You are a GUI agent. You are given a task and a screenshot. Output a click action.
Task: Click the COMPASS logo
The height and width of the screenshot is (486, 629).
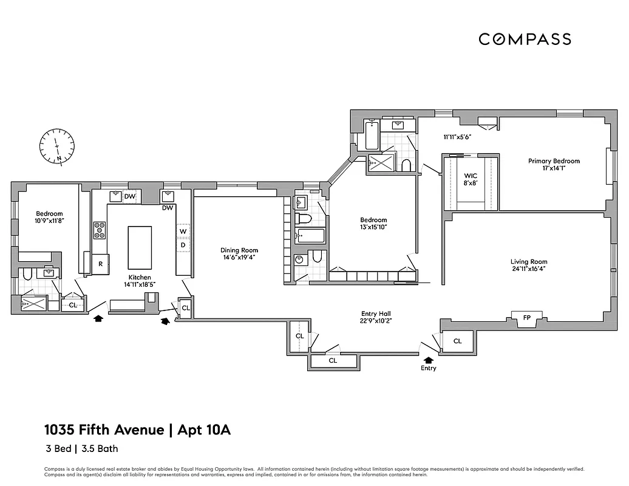coord(525,39)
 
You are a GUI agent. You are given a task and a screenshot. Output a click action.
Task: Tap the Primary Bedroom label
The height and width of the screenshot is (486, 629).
coord(553,161)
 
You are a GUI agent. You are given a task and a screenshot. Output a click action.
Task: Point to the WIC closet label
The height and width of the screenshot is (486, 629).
coord(471,176)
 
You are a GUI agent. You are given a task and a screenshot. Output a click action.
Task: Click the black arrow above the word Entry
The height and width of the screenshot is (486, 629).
coord(429,360)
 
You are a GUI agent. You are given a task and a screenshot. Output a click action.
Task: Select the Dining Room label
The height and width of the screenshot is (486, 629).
coord(239,250)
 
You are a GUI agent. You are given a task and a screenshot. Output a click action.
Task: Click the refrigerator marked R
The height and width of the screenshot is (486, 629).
coord(100,264)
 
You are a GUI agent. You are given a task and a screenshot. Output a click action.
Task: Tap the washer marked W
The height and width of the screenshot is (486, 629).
coord(182,231)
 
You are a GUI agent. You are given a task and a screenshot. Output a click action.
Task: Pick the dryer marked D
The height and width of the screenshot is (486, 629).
coord(182,245)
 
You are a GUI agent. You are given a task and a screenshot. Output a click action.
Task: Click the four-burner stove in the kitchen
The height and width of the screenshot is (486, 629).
coord(100,230)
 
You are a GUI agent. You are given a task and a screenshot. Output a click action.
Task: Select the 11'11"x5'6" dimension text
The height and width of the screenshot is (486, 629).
coord(457,137)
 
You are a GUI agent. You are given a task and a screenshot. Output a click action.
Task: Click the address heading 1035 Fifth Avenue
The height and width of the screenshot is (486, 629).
coord(104,430)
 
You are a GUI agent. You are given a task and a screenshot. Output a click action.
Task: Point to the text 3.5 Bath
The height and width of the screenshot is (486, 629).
coord(98,449)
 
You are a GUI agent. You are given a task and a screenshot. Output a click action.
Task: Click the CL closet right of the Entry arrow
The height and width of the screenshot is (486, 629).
coord(457,341)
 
